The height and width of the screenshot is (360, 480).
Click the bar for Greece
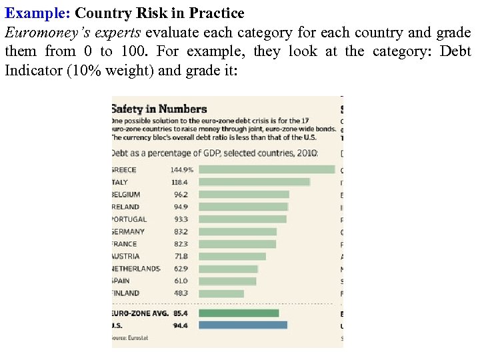267,169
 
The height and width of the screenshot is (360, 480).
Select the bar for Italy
255,182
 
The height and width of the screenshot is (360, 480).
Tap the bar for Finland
221,293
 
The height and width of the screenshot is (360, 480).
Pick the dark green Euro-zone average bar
239,313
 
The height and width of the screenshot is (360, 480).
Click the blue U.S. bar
243,325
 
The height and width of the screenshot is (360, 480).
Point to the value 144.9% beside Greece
181,169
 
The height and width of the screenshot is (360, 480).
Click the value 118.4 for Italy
180,182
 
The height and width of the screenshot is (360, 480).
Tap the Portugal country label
129,219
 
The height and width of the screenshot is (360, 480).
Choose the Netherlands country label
136,269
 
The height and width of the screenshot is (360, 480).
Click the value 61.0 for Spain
181,281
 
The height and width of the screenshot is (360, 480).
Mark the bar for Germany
238,231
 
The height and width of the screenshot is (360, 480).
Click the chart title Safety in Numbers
159,109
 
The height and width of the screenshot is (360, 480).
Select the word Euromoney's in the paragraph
42,33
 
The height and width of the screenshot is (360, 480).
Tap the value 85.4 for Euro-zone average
181,313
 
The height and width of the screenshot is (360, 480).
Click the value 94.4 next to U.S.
181,325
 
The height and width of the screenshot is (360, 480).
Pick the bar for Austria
233,256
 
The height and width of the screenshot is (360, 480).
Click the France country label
125,244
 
